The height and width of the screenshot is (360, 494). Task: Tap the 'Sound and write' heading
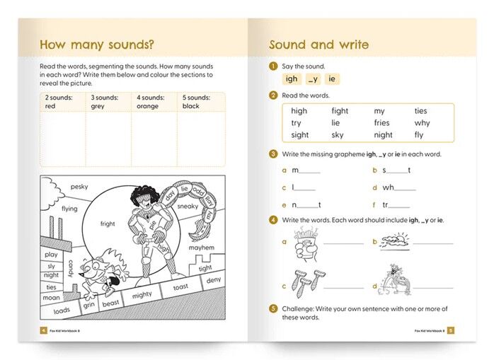pyautogui.click(x=318, y=45)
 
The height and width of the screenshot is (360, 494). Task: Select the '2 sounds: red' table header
pyautogui.click(x=61, y=101)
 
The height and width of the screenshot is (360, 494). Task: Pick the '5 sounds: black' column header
pyautogui.click(x=199, y=101)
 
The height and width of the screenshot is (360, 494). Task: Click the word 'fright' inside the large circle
pyautogui.click(x=108, y=223)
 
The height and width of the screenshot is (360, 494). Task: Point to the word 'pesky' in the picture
pyautogui.click(x=79, y=187)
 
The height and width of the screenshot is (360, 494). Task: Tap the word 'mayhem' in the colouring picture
pyautogui.click(x=201, y=248)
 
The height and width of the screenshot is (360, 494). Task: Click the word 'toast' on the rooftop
pyautogui.click(x=180, y=287)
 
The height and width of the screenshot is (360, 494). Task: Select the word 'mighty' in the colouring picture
pyautogui.click(x=142, y=294)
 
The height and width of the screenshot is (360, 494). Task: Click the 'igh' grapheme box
pyautogui.click(x=292, y=79)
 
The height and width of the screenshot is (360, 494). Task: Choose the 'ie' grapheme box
pyautogui.click(x=332, y=79)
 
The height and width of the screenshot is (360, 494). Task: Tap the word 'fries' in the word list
pyautogui.click(x=381, y=123)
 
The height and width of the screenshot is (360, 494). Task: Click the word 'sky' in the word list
pyautogui.click(x=338, y=135)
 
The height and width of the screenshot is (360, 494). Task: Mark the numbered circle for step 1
pyautogui.click(x=272, y=66)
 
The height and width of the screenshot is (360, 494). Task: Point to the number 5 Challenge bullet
pyautogui.click(x=272, y=309)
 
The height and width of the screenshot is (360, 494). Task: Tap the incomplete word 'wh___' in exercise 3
pyautogui.click(x=398, y=187)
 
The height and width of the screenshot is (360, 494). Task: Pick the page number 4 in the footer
pyautogui.click(x=44, y=330)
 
